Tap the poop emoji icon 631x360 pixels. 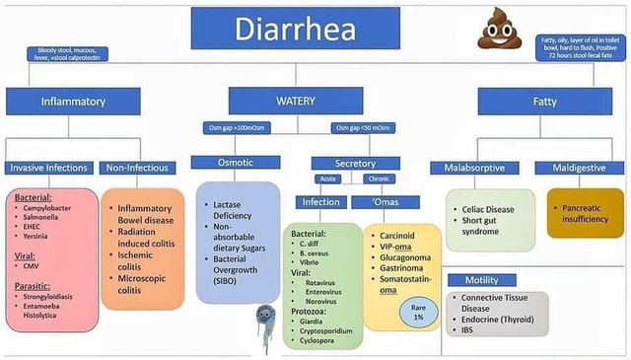tap(499, 28)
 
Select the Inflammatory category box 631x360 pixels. tap(73, 102)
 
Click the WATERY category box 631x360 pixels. tap(295, 101)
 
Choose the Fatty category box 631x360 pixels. tap(543, 102)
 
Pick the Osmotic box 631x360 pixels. tap(235, 162)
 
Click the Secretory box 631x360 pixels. tap(355, 163)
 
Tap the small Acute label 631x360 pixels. tap(326, 179)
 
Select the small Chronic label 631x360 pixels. tap(380, 179)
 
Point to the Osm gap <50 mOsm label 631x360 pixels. tap(364, 127)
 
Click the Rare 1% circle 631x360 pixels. tap(418, 312)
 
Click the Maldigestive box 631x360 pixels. tap(579, 168)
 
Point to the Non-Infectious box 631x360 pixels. tap(140, 168)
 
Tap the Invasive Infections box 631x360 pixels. tap(49, 168)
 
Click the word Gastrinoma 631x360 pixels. tap(402, 267)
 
